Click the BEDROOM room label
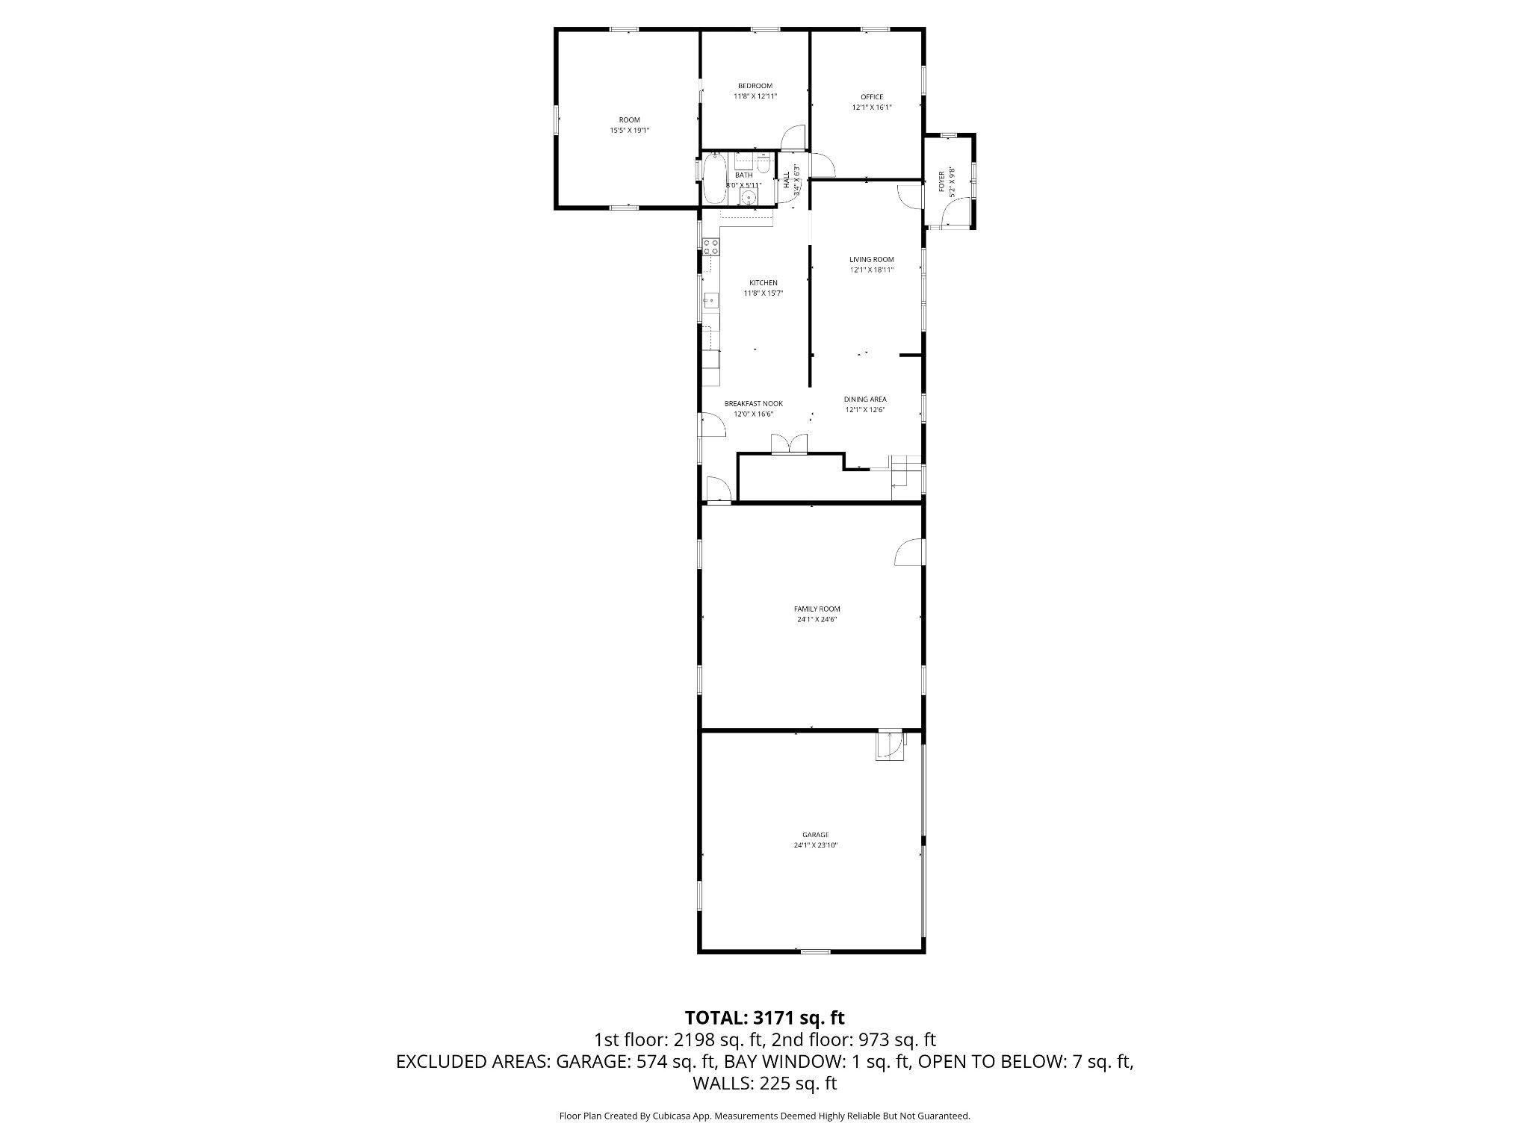(755, 86)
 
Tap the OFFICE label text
(872, 97)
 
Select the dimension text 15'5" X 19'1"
(629, 130)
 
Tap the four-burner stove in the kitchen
(710, 247)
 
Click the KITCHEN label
(764, 283)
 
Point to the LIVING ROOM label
(871, 260)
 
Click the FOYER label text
(941, 181)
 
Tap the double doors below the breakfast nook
(790, 444)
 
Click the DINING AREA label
(865, 400)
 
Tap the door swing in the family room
(909, 552)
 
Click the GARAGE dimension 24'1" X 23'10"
(816, 845)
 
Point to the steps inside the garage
(890, 745)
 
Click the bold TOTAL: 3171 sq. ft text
(764, 1017)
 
